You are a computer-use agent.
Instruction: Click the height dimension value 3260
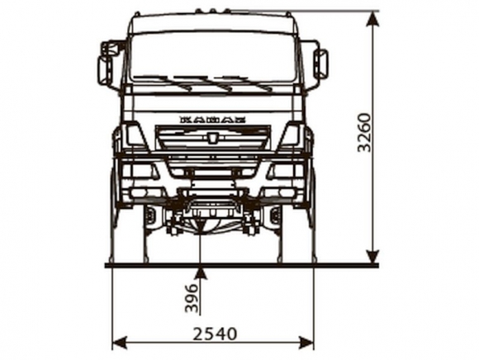click(364, 132)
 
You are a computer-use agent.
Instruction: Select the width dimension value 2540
click(215, 334)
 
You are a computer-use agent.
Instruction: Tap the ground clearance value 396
click(192, 298)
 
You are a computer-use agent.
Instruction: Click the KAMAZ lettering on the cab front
click(213, 120)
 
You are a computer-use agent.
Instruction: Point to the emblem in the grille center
click(212, 138)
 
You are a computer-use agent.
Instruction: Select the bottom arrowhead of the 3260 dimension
click(372, 254)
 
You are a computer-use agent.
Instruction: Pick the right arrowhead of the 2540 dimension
click(306, 343)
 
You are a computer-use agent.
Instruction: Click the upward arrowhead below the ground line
click(201, 273)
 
